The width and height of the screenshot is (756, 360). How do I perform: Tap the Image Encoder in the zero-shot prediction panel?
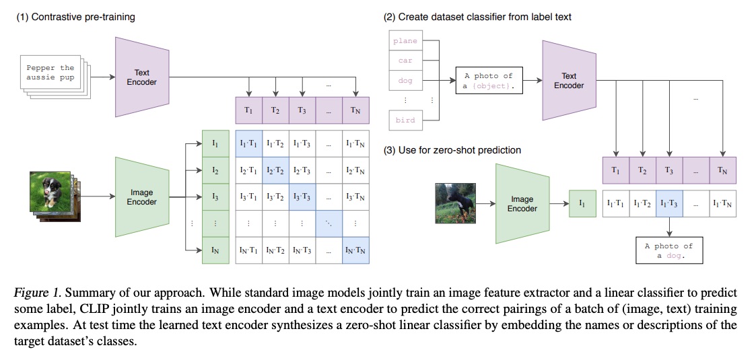coord(522,204)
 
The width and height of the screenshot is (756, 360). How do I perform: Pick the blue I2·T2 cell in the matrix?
coord(275,171)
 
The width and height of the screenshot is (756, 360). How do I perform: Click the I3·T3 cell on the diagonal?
coord(302,197)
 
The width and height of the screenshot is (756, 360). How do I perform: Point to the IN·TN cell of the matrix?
coord(355,250)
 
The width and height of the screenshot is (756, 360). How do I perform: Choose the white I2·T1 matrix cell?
coord(249,171)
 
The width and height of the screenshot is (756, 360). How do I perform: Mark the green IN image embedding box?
coord(215,250)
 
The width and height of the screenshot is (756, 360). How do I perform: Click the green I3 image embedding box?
coord(215,197)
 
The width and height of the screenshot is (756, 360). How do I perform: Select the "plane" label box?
coord(405,41)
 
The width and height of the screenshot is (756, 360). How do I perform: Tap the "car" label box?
coord(405,61)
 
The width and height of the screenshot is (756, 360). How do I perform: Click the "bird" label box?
coord(405,120)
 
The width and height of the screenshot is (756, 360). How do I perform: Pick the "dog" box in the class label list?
coord(405,81)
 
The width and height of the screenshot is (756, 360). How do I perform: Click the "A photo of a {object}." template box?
coord(489,81)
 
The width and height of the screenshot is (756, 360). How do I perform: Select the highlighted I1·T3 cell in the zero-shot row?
coord(668,203)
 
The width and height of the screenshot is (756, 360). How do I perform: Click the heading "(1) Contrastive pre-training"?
coord(75,17)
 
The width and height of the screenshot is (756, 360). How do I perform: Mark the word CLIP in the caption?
coord(112,309)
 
